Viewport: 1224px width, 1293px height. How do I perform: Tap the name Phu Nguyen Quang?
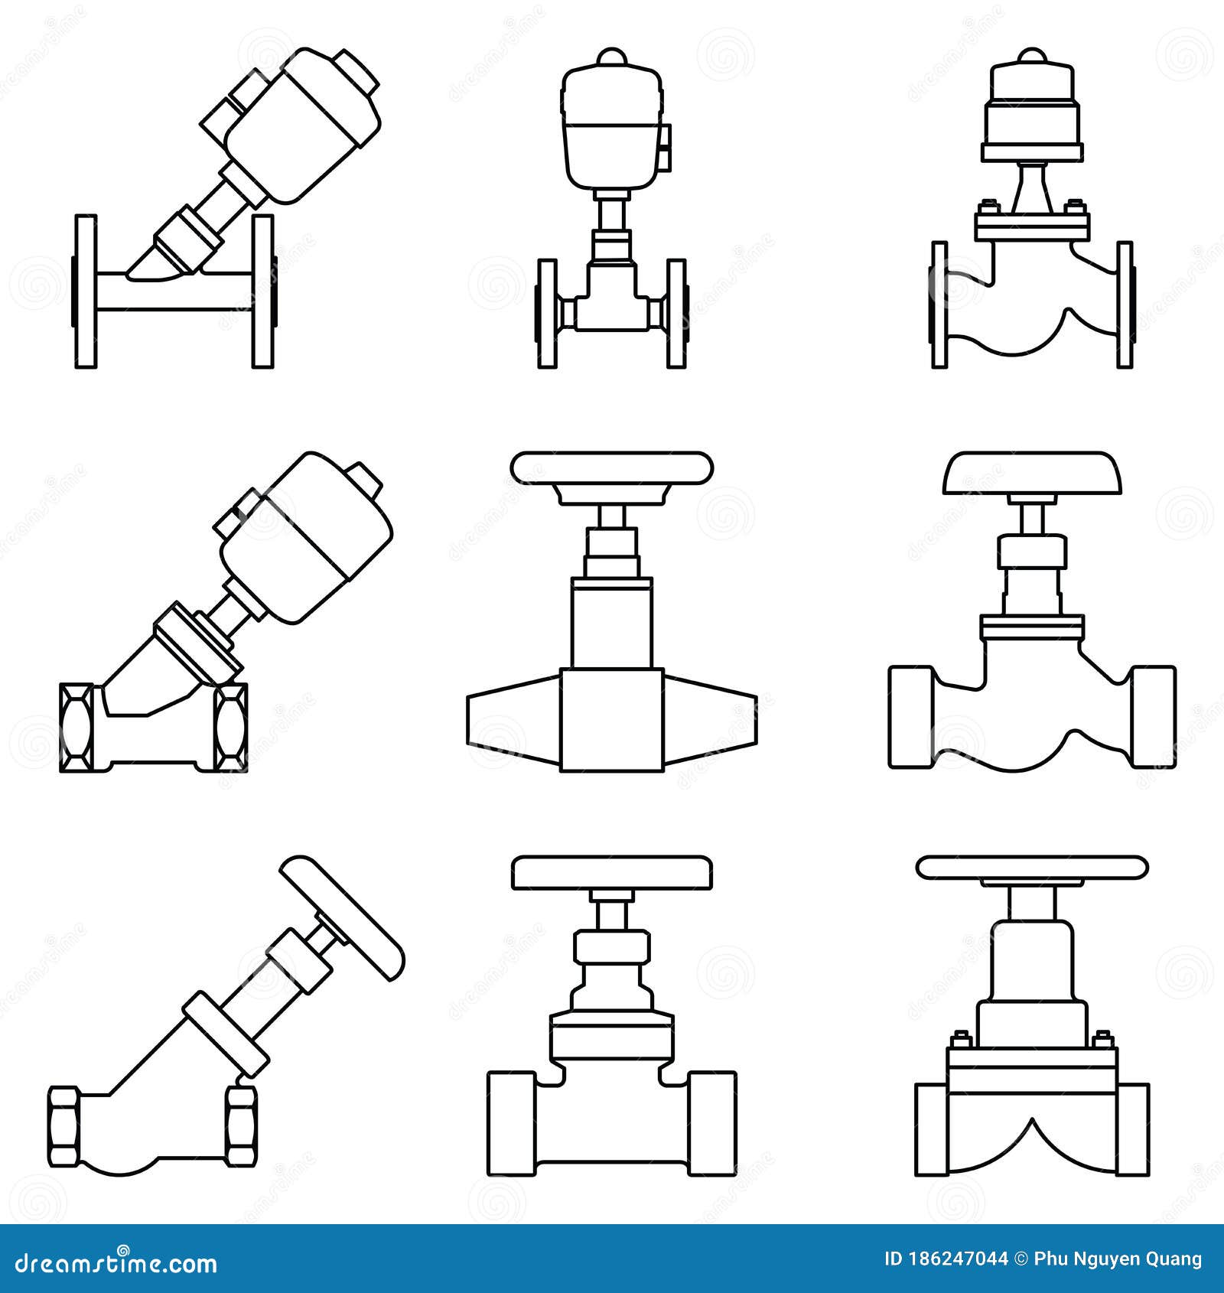pyautogui.click(x=1118, y=1259)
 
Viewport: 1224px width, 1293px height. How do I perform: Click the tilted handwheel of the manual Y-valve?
pyautogui.click(x=342, y=917)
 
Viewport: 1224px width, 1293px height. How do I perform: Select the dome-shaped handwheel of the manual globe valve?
pyautogui.click(x=1033, y=473)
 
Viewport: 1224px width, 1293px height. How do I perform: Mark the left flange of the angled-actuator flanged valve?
pyautogui.click(x=86, y=291)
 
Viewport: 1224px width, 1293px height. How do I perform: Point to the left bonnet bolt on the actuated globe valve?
pyautogui.click(x=985, y=207)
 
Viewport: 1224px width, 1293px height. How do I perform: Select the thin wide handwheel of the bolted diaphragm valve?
pyautogui.click(x=1032, y=867)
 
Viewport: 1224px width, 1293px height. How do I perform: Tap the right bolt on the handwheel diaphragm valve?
pyautogui.click(x=1102, y=1040)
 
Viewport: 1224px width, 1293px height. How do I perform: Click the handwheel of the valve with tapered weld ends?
pyautogui.click(x=612, y=468)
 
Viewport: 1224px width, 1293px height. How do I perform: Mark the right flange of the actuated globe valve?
pyautogui.click(x=1125, y=305)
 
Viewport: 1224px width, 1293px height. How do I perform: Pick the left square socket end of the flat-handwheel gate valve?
pyautogui.click(x=511, y=1122)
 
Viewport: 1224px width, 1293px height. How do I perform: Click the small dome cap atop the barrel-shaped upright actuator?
pyautogui.click(x=612, y=58)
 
